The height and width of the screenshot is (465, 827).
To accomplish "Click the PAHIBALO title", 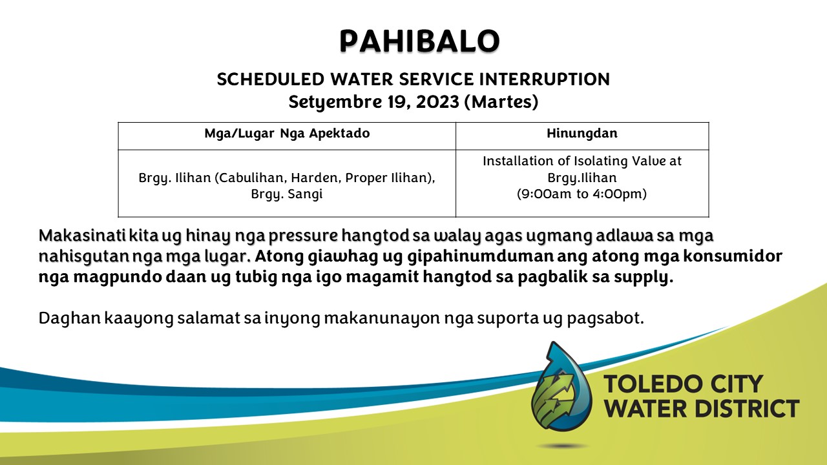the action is click(x=419, y=41).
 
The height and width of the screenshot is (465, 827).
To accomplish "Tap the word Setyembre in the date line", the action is click(x=335, y=102).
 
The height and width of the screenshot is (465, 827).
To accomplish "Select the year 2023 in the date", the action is click(x=437, y=102).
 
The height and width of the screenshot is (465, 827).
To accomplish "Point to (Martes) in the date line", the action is click(x=501, y=102).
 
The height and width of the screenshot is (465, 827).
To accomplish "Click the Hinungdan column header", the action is click(x=582, y=133).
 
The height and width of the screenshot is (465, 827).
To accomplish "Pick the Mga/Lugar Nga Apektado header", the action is click(x=287, y=134).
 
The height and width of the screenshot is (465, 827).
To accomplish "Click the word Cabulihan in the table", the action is click(x=250, y=178).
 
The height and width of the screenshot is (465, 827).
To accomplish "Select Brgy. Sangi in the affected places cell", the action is click(x=287, y=194).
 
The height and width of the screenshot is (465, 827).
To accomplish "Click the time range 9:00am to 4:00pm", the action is click(x=582, y=194).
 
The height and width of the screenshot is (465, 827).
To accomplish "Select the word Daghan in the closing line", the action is click(x=70, y=318).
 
